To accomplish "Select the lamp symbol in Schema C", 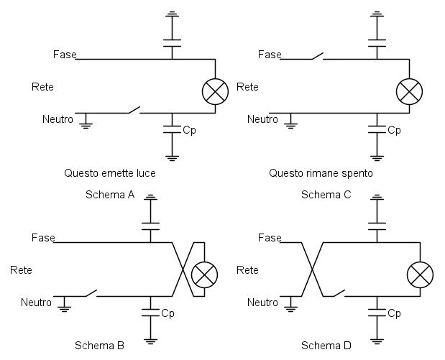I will tap(410, 91).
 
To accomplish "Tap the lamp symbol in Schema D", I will tap(420, 274).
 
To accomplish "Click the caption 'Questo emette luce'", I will tap(109, 173).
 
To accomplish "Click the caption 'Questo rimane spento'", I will tap(321, 173).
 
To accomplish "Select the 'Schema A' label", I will tap(110, 195).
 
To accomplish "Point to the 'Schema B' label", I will tap(100, 346).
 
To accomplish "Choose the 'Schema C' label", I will tap(326, 195).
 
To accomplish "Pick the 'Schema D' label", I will tap(326, 346).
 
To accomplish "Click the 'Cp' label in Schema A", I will tap(190, 131).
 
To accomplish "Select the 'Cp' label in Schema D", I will tap(394, 314).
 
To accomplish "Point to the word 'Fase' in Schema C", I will tap(270, 55).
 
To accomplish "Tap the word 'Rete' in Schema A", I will tap(43, 87).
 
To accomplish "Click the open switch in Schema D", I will tap(336, 292).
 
